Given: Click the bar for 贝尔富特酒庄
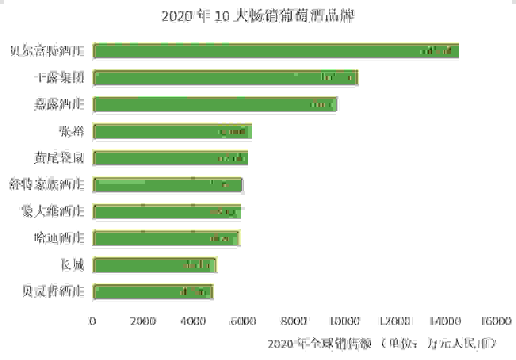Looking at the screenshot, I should (276, 51).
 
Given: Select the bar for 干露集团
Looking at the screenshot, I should (226, 77).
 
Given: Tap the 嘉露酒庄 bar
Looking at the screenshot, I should (215, 104).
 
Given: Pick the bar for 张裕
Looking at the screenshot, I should (172, 131).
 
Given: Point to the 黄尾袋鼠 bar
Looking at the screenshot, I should (171, 158).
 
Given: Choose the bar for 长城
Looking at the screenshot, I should (155, 265).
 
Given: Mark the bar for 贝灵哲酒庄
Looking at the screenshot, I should (153, 292).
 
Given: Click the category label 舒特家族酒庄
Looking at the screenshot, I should (47, 185).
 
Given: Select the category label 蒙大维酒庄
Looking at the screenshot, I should (54, 211).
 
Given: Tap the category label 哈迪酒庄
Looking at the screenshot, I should (60, 238).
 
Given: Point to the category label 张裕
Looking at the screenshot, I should (72, 131).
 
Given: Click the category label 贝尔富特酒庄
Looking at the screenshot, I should (47, 51).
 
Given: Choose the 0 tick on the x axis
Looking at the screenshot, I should (93, 321).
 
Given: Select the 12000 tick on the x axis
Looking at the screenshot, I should (397, 321).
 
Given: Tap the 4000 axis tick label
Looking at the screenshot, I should (193, 321).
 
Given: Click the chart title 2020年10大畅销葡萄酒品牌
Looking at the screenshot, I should (258, 16).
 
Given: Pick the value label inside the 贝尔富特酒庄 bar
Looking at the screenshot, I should (436, 51).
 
